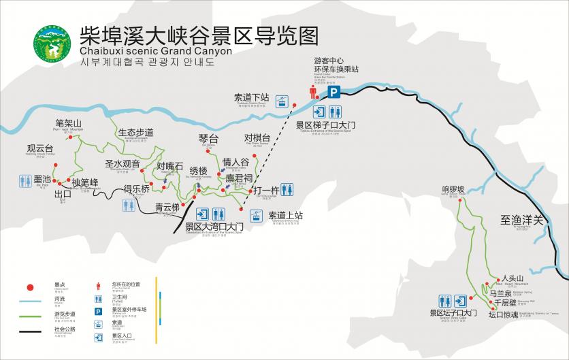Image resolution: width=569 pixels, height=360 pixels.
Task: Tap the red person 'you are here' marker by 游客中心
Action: click(314, 93)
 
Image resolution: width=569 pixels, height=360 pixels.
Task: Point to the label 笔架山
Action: click(69, 123)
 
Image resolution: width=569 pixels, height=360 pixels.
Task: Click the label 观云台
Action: click(40, 148)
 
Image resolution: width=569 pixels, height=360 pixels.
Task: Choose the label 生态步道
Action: click(135, 132)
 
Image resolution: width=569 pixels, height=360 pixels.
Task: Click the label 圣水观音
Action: click(123, 163)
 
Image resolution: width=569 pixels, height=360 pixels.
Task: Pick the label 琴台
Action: click(208, 139)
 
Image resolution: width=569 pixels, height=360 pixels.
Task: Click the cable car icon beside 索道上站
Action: click(255, 216)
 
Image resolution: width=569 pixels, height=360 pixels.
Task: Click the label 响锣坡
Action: click(453, 189)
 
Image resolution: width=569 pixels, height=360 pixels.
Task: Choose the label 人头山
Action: click(513, 278)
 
